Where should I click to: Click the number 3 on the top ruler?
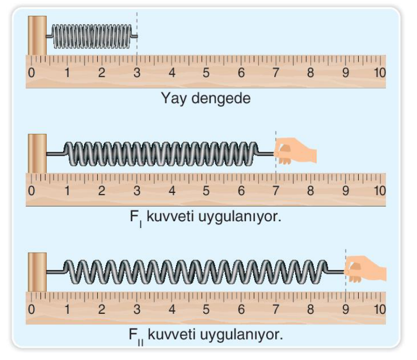[x=137, y=73]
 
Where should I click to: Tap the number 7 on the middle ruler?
[x=276, y=191]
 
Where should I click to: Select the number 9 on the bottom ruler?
[x=346, y=309]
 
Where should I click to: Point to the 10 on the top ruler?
[x=380, y=73]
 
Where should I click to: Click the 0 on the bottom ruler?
[x=32, y=309]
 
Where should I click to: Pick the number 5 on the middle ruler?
[x=206, y=191]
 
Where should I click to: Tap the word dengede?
[x=221, y=98]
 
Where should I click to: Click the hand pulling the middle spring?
[x=295, y=151]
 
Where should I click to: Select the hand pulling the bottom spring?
[x=366, y=269]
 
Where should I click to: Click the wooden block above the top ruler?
[x=37, y=35]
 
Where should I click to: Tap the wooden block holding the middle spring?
[x=37, y=153]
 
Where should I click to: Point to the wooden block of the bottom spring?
[x=37, y=272]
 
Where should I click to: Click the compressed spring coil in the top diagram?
[x=92, y=36]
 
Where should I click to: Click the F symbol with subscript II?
[x=136, y=336]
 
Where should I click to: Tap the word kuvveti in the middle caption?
[x=170, y=217]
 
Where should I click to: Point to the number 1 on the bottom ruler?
[x=67, y=309]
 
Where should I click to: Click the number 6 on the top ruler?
[x=241, y=73]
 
